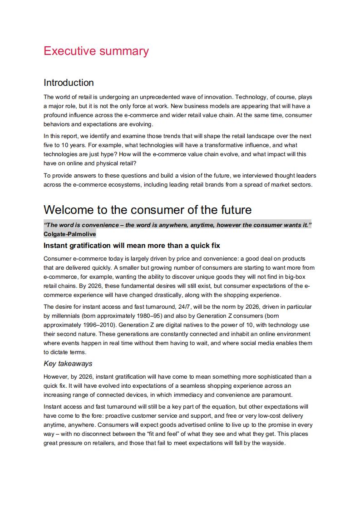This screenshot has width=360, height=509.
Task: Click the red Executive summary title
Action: [x=96, y=51]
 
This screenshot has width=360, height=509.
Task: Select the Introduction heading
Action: [x=69, y=83]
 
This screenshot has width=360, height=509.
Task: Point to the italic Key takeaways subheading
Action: [x=68, y=363]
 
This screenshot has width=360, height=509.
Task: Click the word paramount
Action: [x=277, y=395]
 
